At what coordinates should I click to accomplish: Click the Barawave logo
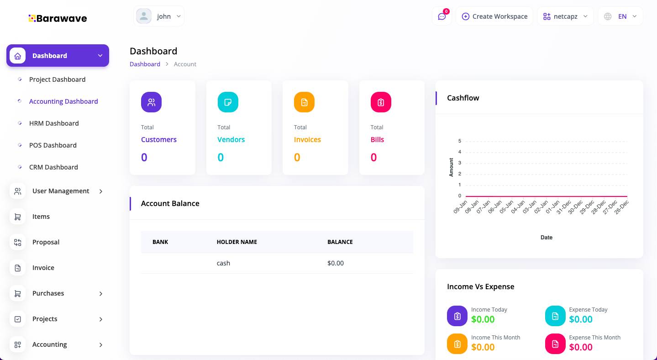point(58,18)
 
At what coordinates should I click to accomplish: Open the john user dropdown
point(159,16)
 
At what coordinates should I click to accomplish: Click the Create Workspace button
point(494,16)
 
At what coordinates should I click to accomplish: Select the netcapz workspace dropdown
point(565,16)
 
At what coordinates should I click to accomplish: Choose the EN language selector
point(620,16)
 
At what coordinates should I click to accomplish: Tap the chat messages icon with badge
point(442,16)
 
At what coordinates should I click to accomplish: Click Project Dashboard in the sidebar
point(57,79)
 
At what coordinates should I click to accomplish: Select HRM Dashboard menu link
point(54,123)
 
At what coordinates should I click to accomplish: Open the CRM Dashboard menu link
point(53,167)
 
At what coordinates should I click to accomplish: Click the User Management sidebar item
point(61,191)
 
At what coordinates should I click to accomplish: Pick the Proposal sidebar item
point(46,242)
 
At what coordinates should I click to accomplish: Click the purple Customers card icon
point(151,102)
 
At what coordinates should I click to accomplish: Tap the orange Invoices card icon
point(304,102)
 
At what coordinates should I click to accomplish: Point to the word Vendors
point(231,140)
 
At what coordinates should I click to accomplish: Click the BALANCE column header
point(340,242)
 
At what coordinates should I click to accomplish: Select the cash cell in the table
point(223,263)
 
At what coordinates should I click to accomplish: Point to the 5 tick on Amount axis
point(460,141)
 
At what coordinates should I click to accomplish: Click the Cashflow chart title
point(463,98)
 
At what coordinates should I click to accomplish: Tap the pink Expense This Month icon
point(555,344)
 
